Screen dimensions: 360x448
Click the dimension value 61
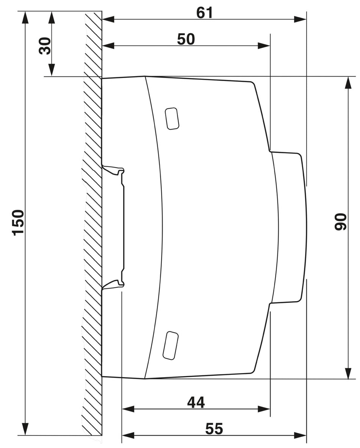point(205,12)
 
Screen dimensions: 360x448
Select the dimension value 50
point(186,39)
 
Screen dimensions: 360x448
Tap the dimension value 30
point(45,46)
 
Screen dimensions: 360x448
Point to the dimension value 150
point(18,223)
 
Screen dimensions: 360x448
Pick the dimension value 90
point(340,222)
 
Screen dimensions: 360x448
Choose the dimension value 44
point(196,402)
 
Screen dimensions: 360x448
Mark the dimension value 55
point(214,429)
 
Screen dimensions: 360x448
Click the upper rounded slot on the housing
point(172,118)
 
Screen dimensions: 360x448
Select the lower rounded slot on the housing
point(171,345)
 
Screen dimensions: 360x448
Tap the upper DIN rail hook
point(114,170)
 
